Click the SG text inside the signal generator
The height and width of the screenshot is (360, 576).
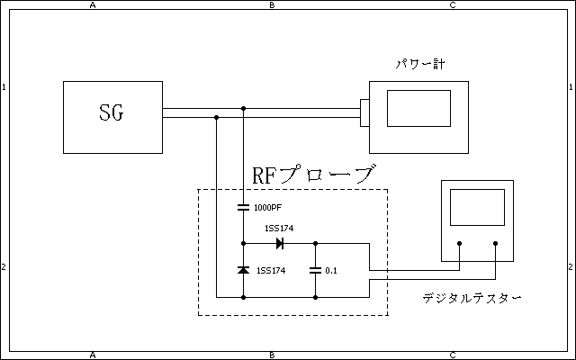pyautogui.click(x=111, y=114)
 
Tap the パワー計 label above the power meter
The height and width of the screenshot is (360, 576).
pyautogui.click(x=420, y=65)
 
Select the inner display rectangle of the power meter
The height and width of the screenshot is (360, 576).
pyautogui.click(x=418, y=108)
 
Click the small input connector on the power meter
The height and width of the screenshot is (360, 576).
pyautogui.click(x=364, y=112)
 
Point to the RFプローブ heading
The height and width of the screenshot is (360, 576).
pyautogui.click(x=312, y=175)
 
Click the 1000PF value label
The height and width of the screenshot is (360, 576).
pyautogui.click(x=269, y=208)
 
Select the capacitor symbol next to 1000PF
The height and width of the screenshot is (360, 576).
pyautogui.click(x=243, y=208)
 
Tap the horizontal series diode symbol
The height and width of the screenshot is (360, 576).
pyautogui.click(x=280, y=243)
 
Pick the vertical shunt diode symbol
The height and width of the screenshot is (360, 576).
pyautogui.click(x=243, y=270)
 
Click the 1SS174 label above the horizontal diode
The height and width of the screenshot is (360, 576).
pyautogui.click(x=278, y=229)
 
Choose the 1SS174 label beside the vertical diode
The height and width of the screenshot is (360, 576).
pyautogui.click(x=271, y=271)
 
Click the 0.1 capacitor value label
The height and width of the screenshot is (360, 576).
pyautogui.click(x=331, y=271)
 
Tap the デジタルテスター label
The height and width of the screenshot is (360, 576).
pyautogui.click(x=472, y=298)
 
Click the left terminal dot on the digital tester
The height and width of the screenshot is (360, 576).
pyautogui.click(x=459, y=243)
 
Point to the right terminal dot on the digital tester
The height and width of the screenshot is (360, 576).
pyautogui.click(x=496, y=243)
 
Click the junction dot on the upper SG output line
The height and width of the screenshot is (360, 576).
pyautogui.click(x=243, y=108)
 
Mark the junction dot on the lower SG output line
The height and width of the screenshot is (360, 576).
pyautogui.click(x=217, y=117)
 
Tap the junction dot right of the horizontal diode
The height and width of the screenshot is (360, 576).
pyautogui.click(x=316, y=243)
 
